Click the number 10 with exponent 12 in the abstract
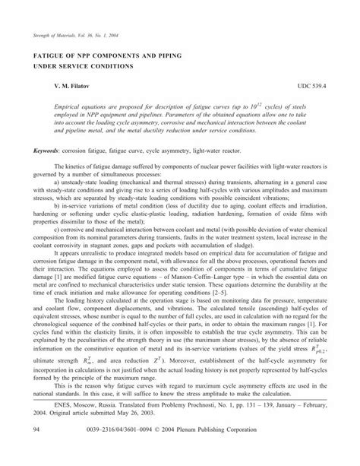pyautogui.click(x=254, y=109)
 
